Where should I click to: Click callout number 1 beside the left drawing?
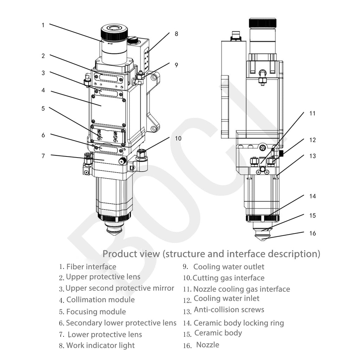click(x=43, y=25)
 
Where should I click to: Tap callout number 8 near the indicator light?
click(x=176, y=34)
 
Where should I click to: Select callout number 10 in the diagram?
click(x=178, y=138)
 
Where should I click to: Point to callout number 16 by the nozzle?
click(x=313, y=233)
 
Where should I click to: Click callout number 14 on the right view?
click(x=313, y=196)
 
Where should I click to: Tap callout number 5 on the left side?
click(x=43, y=108)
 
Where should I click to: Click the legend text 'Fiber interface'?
click(x=91, y=267)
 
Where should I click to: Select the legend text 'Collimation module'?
click(x=100, y=300)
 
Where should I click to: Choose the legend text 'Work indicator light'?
click(x=100, y=346)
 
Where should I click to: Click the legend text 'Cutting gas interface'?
click(x=229, y=278)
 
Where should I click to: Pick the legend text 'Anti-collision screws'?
click(x=229, y=310)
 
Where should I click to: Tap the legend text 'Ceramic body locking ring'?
click(x=239, y=323)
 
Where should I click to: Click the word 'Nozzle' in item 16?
click(x=207, y=345)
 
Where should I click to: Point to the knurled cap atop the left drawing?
click(x=114, y=33)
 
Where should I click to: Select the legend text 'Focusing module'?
click(x=96, y=312)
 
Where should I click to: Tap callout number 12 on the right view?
click(x=313, y=140)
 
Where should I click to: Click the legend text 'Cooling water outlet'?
click(x=229, y=267)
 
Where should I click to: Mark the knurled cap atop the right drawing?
click(x=262, y=23)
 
